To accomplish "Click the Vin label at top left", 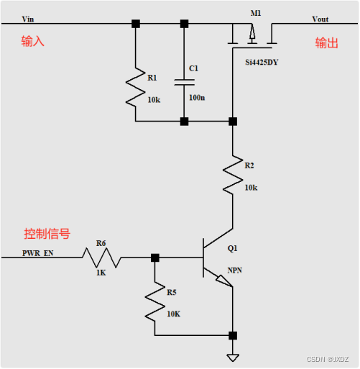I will coord(28,19).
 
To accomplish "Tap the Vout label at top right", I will coord(321,19).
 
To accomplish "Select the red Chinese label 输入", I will coord(32,42).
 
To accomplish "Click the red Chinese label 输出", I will coord(326,43).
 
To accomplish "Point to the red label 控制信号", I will coord(47,234).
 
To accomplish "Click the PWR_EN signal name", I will coord(37,253).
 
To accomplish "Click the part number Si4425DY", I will coord(262,63).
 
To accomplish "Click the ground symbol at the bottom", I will coord(232,357).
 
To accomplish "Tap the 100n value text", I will coord(196,96).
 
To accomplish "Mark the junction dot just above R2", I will coord(232,122).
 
